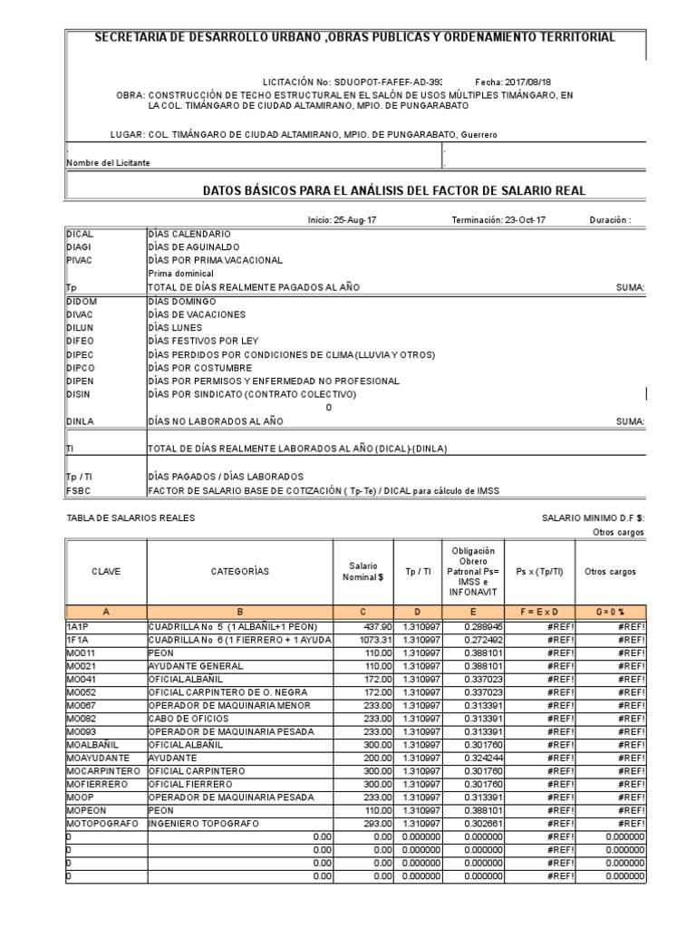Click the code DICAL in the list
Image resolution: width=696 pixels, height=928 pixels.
[x=81, y=234]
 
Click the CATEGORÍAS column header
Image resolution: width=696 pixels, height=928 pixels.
[x=239, y=572]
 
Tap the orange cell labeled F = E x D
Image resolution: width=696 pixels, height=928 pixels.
[x=538, y=612]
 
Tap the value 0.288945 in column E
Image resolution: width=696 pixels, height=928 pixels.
[x=485, y=626]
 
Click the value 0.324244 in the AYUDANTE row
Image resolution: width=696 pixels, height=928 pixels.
[x=485, y=757]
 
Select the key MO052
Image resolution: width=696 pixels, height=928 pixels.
[x=81, y=691]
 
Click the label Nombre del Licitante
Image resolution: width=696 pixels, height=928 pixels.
[x=108, y=163]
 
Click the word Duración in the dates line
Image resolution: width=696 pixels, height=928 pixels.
[x=609, y=220]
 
